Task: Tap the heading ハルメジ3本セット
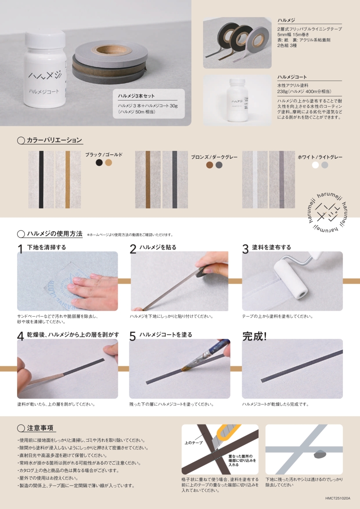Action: pyautogui.click(x=136, y=96)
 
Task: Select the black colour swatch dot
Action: pyautogui.click(x=99, y=162)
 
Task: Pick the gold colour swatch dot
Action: pyautogui.click(x=108, y=162)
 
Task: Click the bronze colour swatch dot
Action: pyautogui.click(x=210, y=165)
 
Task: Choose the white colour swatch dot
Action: pyautogui.click(x=315, y=165)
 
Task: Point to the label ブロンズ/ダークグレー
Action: pyautogui.click(x=214, y=157)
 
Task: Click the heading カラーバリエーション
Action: pyautogui.click(x=54, y=140)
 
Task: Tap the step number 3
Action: pyautogui.click(x=246, y=249)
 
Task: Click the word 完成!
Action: pyautogui.click(x=254, y=336)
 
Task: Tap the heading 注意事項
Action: pyautogui.click(x=40, y=428)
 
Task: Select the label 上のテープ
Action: pyautogui.click(x=194, y=443)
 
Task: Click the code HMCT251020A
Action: pyautogui.click(x=338, y=498)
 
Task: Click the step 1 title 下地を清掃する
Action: pyautogui.click(x=47, y=247)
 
